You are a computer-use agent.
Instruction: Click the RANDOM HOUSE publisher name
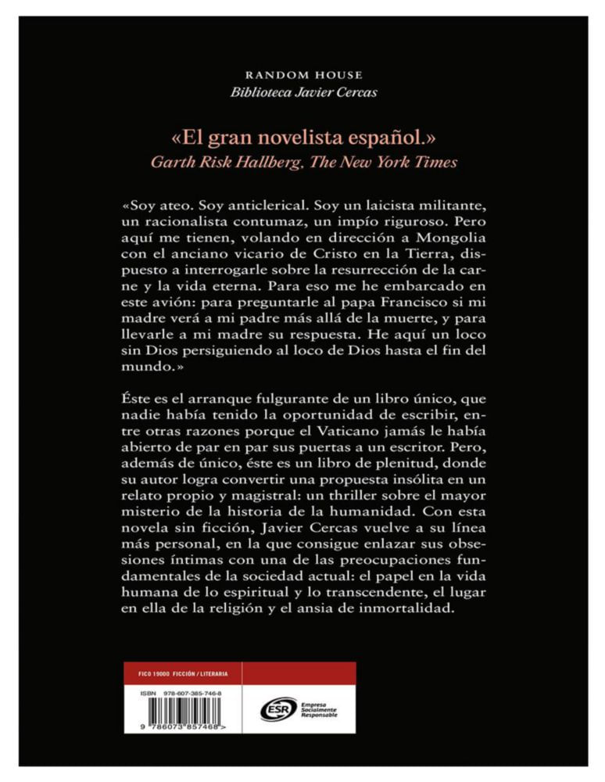(304, 75)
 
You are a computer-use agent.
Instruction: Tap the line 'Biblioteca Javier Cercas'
(304, 92)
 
